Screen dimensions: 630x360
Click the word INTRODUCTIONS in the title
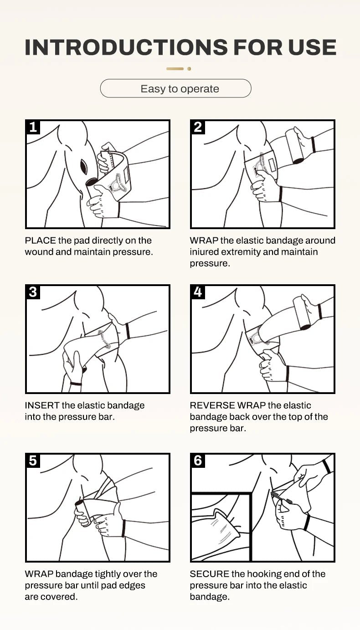(x=126, y=47)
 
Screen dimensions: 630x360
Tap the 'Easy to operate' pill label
(x=180, y=89)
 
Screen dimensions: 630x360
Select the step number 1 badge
(x=33, y=127)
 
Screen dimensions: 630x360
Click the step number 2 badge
(x=198, y=127)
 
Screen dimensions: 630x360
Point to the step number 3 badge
(x=33, y=292)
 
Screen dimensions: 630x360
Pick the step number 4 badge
(x=198, y=292)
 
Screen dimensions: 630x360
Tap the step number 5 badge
(x=33, y=461)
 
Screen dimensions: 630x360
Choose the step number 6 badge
(x=198, y=461)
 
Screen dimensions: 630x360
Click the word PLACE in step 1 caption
(x=40, y=241)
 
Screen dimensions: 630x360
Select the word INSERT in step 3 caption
(x=42, y=405)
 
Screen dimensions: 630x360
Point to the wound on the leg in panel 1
(x=84, y=167)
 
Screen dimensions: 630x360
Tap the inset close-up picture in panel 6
(x=221, y=527)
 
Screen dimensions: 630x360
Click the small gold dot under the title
(x=189, y=69)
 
